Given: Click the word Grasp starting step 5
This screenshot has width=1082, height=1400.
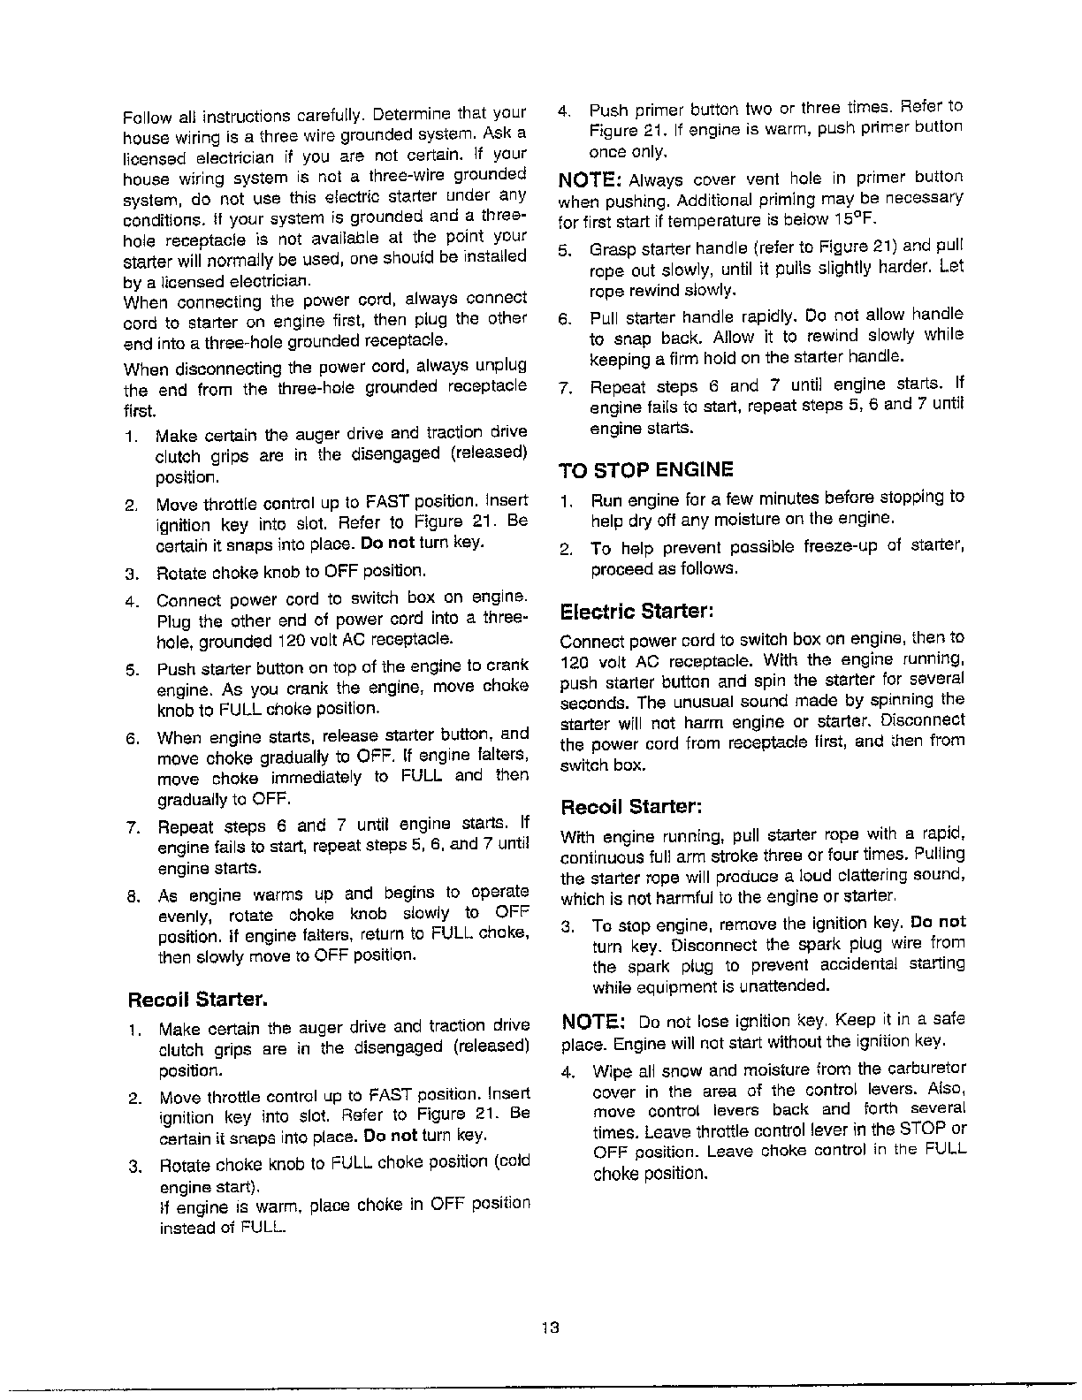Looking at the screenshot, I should [x=609, y=247].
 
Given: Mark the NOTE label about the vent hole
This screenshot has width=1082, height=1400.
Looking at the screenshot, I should [x=592, y=179].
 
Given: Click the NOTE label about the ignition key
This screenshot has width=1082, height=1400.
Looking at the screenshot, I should [x=592, y=1023].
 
